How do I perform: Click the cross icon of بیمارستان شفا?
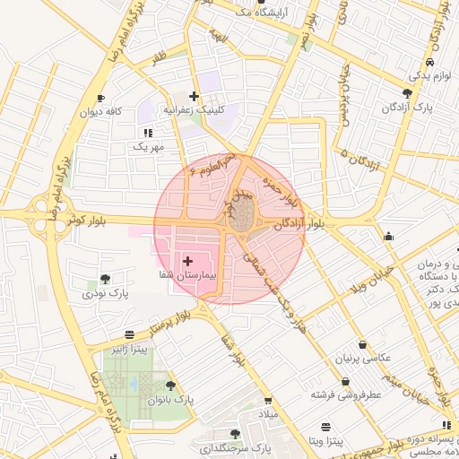pyautogui.click(x=187, y=261)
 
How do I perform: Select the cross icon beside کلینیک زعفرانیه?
pyautogui.click(x=194, y=96)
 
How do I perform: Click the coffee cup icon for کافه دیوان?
pyautogui.click(x=100, y=99)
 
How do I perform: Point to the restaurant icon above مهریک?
pyautogui.click(x=148, y=133)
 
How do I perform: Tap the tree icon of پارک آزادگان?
pyautogui.click(x=408, y=93)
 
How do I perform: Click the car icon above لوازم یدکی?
pyautogui.click(x=430, y=62)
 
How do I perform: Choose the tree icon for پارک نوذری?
pyautogui.click(x=106, y=279)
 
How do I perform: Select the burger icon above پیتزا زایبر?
pyautogui.click(x=131, y=333)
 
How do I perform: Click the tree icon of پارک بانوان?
pyautogui.click(x=170, y=385)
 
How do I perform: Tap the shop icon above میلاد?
pyautogui.click(x=267, y=401)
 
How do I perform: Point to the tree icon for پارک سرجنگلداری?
pyautogui.click(x=235, y=433)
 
